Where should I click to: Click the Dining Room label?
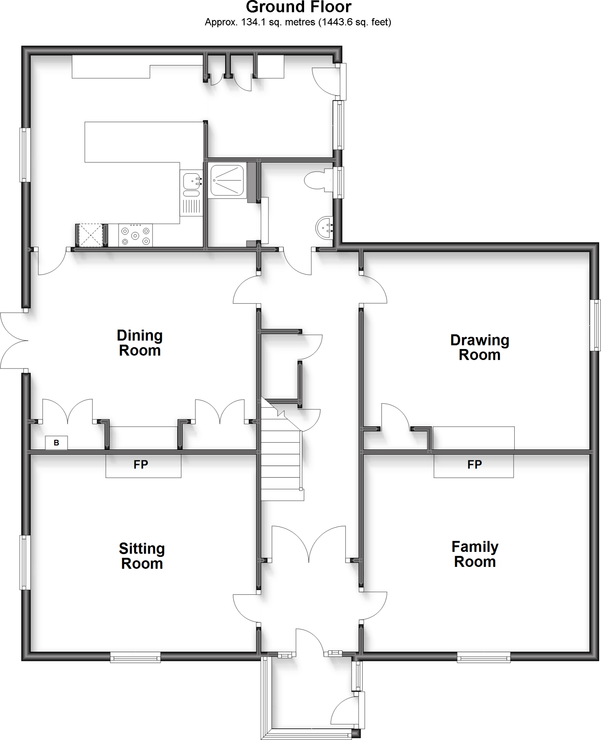140,343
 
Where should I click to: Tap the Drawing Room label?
479,347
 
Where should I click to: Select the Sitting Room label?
142,556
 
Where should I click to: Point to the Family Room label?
475,554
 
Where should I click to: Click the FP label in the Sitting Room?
141,465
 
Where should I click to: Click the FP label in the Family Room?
474,465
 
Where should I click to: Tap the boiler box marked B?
56,443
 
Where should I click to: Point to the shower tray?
227,181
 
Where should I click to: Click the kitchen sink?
192,181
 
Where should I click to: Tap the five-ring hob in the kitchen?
135,236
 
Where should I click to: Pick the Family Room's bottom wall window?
483,657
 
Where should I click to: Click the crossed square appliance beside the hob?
91,236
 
